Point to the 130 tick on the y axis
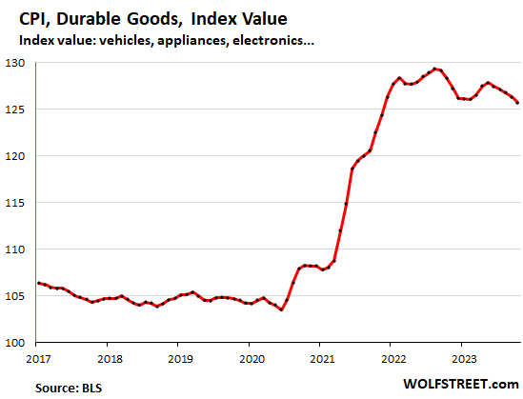[19, 63]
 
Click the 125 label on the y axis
[19, 110]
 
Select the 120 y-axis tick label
[19, 156]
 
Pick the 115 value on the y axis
[19, 203]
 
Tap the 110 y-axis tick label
[19, 249]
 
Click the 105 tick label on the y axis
[19, 296]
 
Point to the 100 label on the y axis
[19, 343]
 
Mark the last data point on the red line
[518, 103]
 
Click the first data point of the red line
[37, 283]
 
